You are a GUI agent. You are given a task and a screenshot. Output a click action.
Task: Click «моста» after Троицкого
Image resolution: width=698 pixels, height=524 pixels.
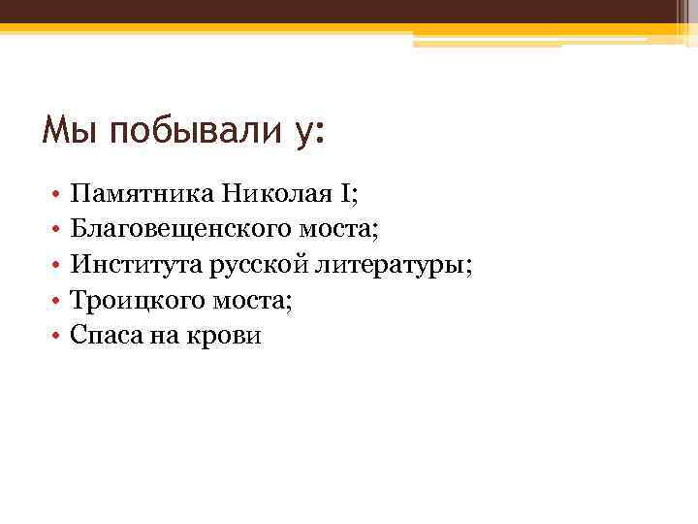point(256,301)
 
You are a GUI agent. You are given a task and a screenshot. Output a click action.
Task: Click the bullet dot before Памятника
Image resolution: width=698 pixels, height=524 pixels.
point(58,196)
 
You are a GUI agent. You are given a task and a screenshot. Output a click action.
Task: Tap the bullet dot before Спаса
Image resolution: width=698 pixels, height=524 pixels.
point(58,337)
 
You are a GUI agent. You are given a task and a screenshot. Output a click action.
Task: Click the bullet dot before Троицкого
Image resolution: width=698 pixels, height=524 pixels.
point(58,302)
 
